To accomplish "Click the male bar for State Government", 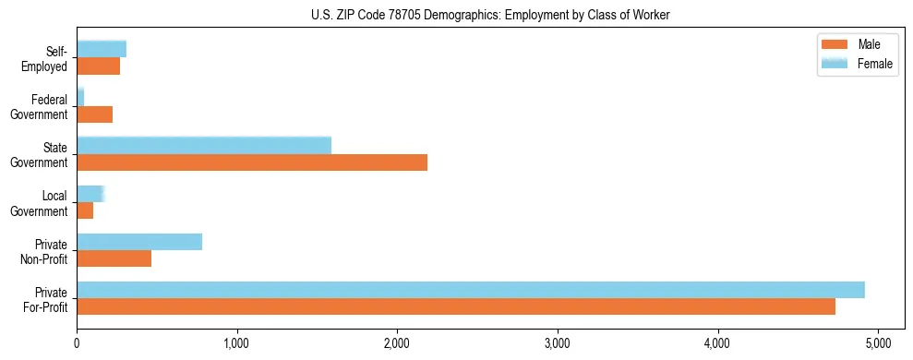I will click(x=251, y=162).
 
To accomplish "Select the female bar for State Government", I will click(x=203, y=145).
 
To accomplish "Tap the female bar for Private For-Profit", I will click(x=470, y=290).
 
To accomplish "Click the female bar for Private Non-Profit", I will click(x=138, y=242).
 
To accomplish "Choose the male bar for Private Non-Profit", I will click(x=114, y=259).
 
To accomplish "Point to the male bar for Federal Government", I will click(x=94, y=114).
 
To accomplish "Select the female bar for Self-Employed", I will click(x=101, y=49).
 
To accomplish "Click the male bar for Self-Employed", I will click(x=98, y=66).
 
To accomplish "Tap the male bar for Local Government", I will click(x=85, y=211).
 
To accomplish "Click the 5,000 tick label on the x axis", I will click(x=878, y=342).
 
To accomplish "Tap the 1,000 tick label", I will click(x=237, y=342).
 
